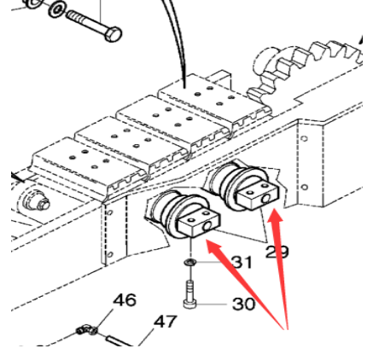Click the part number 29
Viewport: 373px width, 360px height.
point(277,252)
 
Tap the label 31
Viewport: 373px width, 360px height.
point(242,262)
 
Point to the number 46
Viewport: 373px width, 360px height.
point(125,300)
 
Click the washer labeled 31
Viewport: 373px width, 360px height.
point(189,260)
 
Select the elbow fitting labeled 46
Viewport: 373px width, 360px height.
point(85,328)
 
